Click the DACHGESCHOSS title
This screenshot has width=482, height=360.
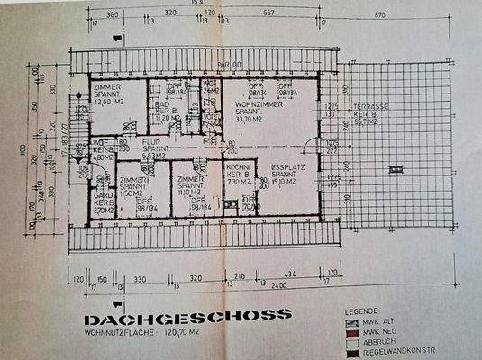click(x=187, y=316)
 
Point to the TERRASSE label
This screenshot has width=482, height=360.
click(x=370, y=106)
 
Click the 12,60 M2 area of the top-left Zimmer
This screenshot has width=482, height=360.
click(x=106, y=103)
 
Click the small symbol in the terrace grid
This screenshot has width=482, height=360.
click(x=390, y=166)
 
